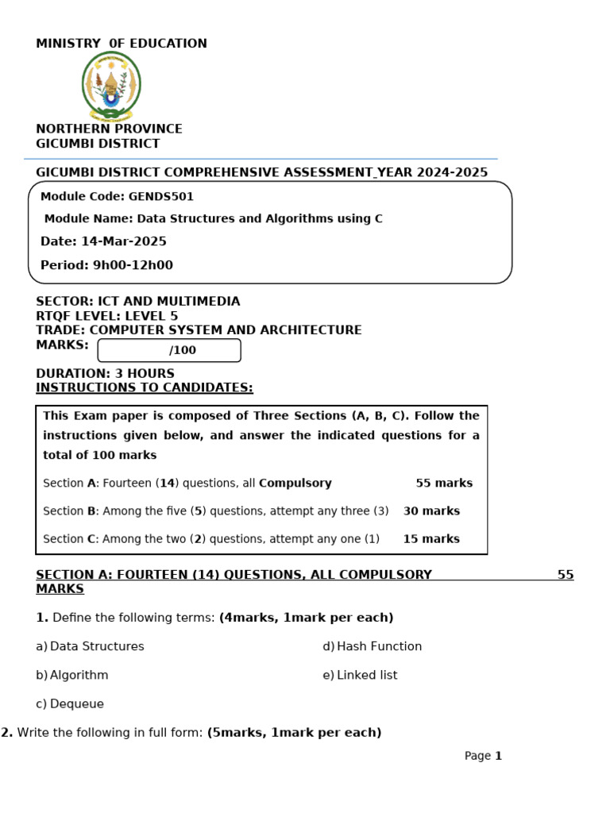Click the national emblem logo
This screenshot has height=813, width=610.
111,86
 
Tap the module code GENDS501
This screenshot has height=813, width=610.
161,197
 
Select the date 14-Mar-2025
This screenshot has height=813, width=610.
123,241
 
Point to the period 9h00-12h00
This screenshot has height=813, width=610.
133,265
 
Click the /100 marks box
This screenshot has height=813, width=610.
169,350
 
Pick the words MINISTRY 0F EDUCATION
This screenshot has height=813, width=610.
122,44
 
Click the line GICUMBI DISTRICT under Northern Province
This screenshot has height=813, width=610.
98,144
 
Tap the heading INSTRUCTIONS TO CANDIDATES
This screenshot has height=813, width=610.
145,387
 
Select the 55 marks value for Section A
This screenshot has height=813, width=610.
444,483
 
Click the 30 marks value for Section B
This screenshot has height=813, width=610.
431,511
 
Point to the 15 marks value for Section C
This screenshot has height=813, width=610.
431,538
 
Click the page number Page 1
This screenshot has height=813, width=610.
483,756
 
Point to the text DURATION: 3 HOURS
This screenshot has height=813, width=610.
105,373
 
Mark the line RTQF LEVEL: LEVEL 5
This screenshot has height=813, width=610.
107,316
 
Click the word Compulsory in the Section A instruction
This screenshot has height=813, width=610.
295,483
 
